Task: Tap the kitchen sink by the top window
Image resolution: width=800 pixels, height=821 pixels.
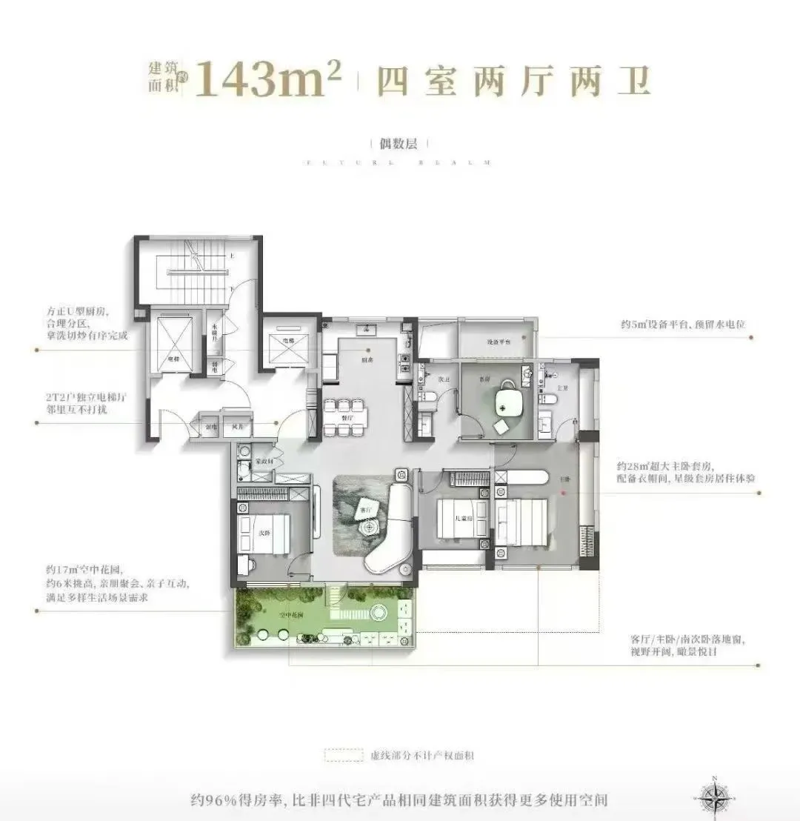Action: tap(365, 329)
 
